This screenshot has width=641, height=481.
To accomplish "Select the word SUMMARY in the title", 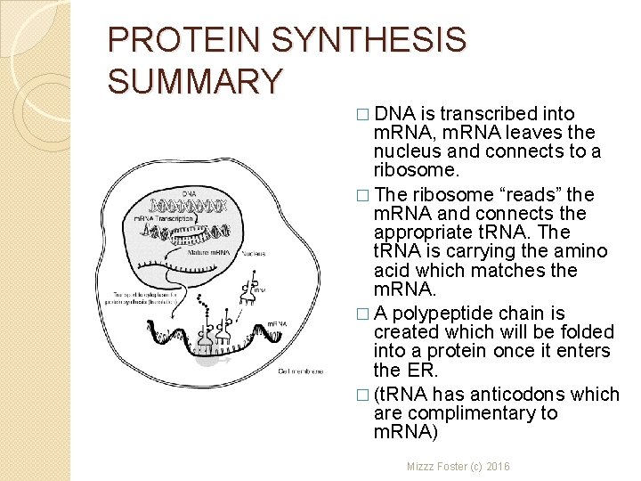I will tap(194, 81).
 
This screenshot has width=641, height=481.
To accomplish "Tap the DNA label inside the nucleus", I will tap(190, 193).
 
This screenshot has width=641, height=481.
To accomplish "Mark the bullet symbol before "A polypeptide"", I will tap(361, 313).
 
